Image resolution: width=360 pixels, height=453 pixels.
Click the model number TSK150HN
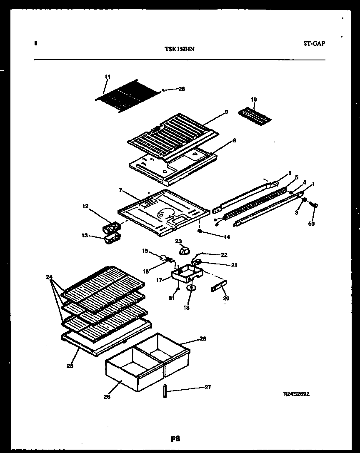tap(180, 49)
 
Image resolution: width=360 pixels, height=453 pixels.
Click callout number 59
tap(312, 224)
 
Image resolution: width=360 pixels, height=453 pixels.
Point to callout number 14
tap(227, 237)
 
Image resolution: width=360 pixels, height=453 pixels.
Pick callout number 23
tap(178, 241)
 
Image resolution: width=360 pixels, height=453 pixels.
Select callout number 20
tap(226, 298)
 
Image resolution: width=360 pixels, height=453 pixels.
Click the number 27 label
tap(207, 387)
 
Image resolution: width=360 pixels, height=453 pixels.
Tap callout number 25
tap(70, 366)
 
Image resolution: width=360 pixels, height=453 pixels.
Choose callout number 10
tap(254, 100)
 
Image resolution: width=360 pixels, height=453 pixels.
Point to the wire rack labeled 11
tap(127, 99)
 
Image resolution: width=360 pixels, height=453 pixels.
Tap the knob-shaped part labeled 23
tap(184, 250)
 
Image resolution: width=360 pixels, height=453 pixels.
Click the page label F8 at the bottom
tap(175, 438)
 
